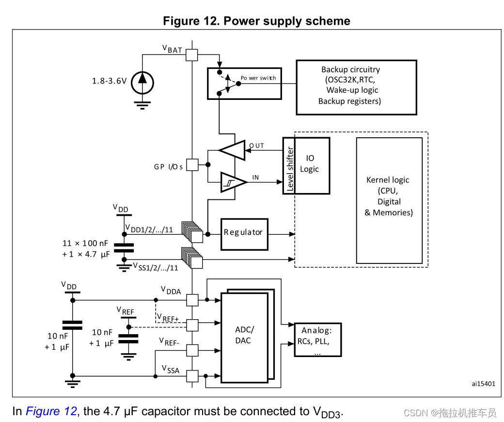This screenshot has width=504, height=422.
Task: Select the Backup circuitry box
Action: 356,87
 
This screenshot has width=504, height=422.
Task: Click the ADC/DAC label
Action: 244,335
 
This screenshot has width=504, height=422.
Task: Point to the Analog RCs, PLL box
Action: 317,340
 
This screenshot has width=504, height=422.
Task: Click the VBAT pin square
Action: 192,55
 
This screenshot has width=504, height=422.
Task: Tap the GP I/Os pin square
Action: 192,165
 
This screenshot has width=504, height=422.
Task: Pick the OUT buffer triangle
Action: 234,150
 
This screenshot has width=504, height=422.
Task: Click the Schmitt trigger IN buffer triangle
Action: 233,182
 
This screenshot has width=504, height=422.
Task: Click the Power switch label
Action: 258,78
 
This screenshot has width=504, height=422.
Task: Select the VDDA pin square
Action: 192,300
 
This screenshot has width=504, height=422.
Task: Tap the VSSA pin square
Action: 192,375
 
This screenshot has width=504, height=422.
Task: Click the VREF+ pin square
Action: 192,325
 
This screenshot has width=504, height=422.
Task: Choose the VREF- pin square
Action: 192,350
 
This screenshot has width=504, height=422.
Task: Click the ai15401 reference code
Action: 483,383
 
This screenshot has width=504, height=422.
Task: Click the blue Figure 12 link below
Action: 51,411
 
